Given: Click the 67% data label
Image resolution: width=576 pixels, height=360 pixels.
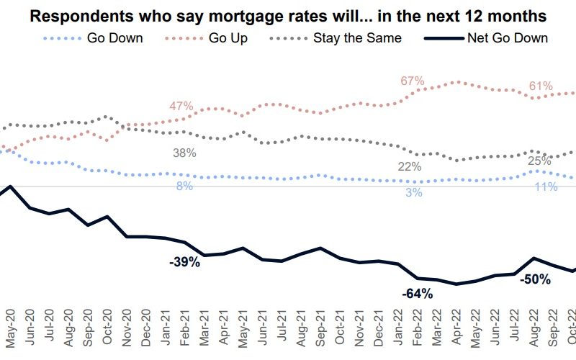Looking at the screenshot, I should pyautogui.click(x=413, y=81).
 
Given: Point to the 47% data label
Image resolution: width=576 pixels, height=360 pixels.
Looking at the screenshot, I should pyautogui.click(x=181, y=107).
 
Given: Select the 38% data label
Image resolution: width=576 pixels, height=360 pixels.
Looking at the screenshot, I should pyautogui.click(x=184, y=153).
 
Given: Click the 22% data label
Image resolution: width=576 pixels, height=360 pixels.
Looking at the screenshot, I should pyautogui.click(x=410, y=167).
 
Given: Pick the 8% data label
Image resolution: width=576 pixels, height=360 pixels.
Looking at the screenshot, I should pyautogui.click(x=184, y=186).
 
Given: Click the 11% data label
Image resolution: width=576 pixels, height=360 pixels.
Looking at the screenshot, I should pyautogui.click(x=546, y=186).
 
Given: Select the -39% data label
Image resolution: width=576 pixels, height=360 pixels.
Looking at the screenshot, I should pyautogui.click(x=184, y=262).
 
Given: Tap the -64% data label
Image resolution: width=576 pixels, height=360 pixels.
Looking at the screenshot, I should pyautogui.click(x=417, y=293).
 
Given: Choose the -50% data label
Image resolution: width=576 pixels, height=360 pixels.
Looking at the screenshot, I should pyautogui.click(x=535, y=279).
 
